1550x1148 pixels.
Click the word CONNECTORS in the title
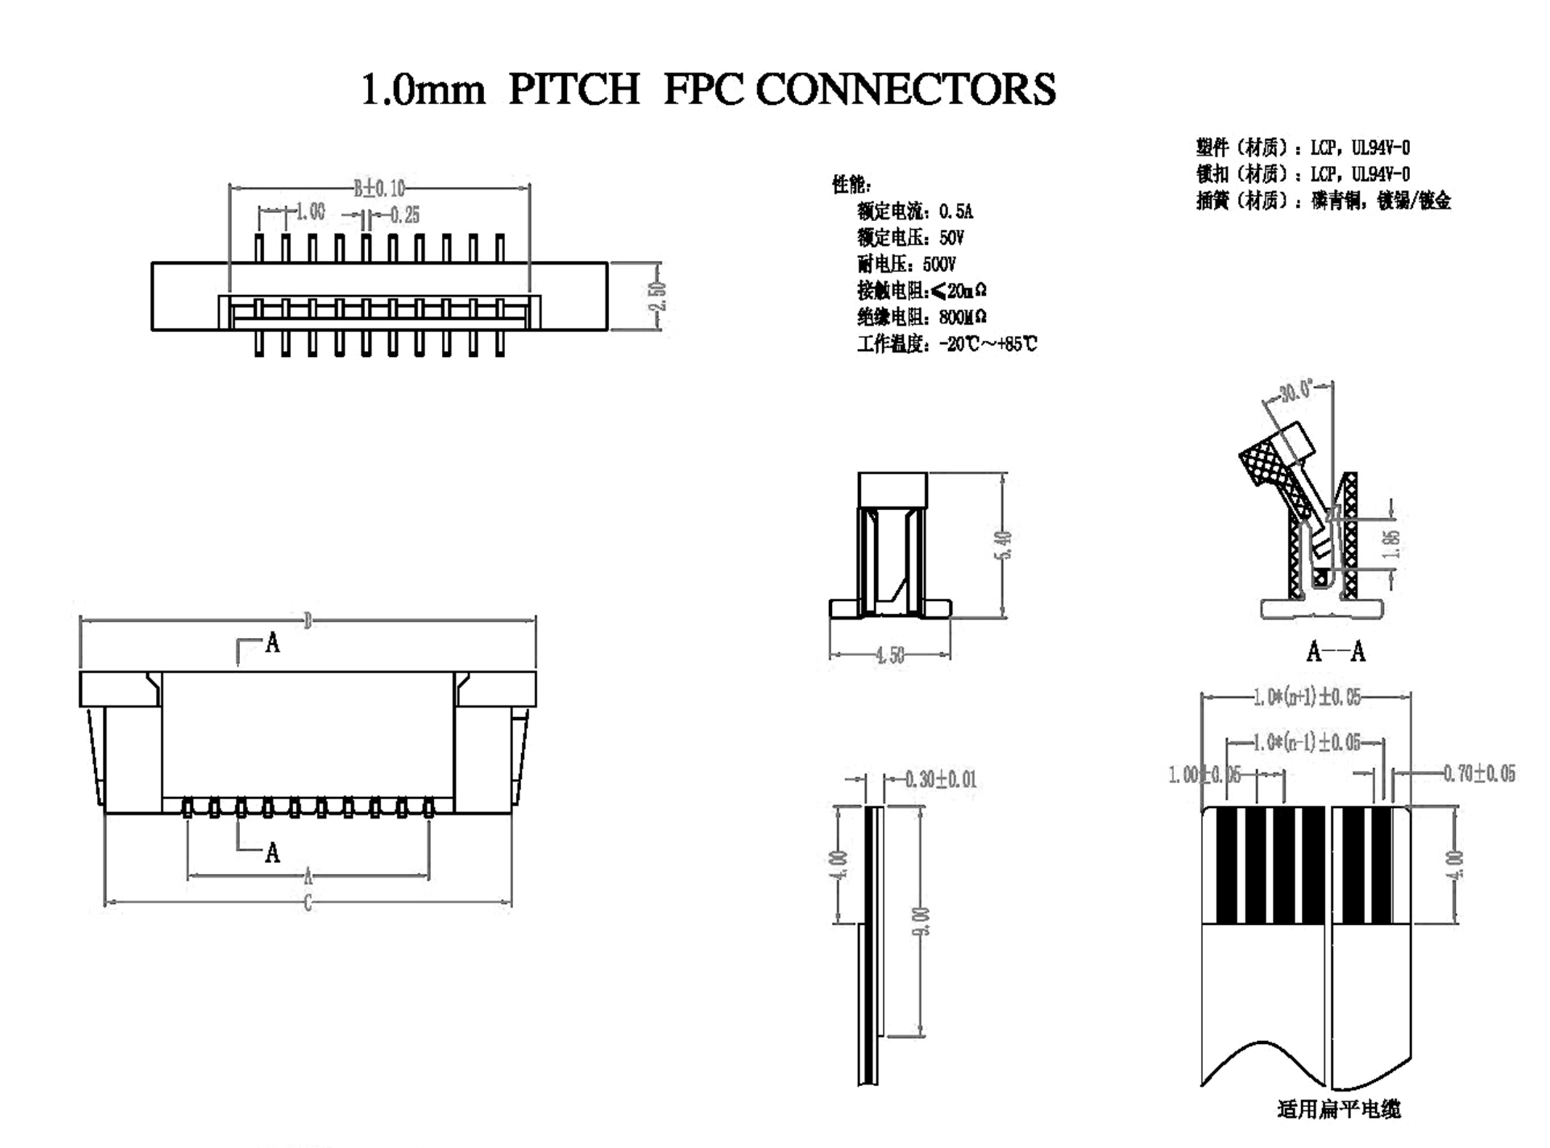[x=905, y=89]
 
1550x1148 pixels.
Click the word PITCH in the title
[x=574, y=89]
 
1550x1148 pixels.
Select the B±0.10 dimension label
[x=379, y=188]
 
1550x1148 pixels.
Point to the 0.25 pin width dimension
[x=405, y=216]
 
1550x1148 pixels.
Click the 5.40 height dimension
[x=1004, y=545]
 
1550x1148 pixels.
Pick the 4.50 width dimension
[x=890, y=655]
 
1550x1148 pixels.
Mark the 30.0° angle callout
[x=1297, y=391]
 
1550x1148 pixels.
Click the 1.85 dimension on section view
[x=1391, y=544]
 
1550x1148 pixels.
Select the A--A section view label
[x=1336, y=652]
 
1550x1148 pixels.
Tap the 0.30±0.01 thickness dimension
[x=941, y=779]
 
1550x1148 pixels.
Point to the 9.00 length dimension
[x=921, y=921]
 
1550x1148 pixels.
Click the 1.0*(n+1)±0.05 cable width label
[x=1307, y=697]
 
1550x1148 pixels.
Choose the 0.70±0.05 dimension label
[x=1479, y=774]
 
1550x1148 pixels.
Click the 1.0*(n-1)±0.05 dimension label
[x=1307, y=742]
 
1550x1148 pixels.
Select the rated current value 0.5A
[x=956, y=211]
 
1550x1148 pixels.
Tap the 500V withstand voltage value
[x=939, y=264]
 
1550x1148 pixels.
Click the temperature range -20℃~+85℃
[x=987, y=344]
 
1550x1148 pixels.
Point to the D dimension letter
[x=308, y=620]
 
